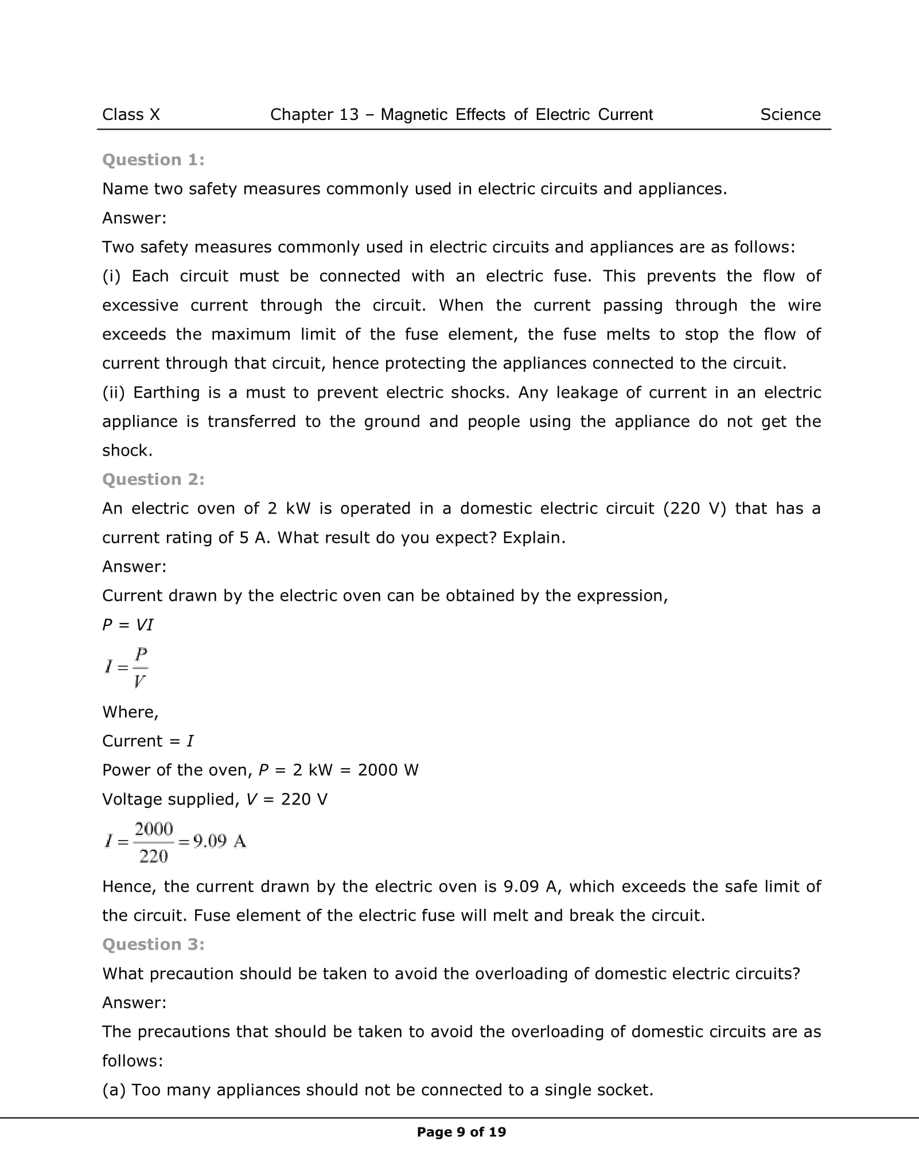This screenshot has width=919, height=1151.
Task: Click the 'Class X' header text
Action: tap(131, 115)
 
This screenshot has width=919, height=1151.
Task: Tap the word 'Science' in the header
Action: tap(790, 115)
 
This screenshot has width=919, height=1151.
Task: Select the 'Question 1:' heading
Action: tap(153, 160)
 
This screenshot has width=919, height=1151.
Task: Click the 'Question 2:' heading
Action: tap(153, 479)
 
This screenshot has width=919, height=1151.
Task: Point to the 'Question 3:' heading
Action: tap(153, 944)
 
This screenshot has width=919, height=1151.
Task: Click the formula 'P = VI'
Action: tap(128, 625)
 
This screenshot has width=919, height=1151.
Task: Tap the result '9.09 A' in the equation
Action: tap(220, 842)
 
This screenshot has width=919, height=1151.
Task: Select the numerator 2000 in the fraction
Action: tap(153, 829)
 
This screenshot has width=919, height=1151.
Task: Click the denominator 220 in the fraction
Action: tap(153, 857)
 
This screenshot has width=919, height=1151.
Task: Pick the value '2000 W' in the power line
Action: tap(388, 770)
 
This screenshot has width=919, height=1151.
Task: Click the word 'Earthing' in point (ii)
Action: tap(168, 392)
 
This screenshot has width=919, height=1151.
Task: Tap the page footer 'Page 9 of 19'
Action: tap(461, 1132)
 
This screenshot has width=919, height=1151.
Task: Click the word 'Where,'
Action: tap(130, 712)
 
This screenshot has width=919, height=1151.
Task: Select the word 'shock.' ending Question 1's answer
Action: tap(127, 451)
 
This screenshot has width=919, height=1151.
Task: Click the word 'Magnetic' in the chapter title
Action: tap(414, 115)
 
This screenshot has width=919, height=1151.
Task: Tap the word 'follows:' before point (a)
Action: tap(133, 1061)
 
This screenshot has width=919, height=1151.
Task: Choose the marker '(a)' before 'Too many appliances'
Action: tap(114, 1090)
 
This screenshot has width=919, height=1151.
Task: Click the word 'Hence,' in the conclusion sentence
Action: tap(130, 886)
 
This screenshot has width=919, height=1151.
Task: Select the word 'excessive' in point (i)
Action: tap(140, 305)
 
